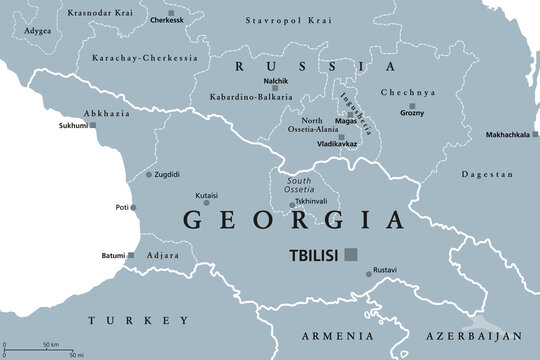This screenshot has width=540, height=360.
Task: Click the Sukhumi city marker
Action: (x=92, y=125)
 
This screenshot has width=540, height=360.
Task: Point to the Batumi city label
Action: (x=113, y=256)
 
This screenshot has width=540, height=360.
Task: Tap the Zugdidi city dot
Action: (x=149, y=174)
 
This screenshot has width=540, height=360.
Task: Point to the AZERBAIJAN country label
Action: (x=479, y=337)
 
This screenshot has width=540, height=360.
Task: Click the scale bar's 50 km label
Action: (x=47, y=345)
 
